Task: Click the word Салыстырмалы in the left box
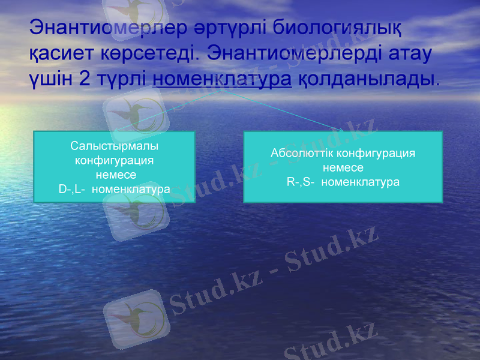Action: [x=115, y=146]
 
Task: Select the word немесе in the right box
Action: [x=343, y=167]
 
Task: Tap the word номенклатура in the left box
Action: [x=133, y=189]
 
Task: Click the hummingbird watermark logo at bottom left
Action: [x=133, y=319]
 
